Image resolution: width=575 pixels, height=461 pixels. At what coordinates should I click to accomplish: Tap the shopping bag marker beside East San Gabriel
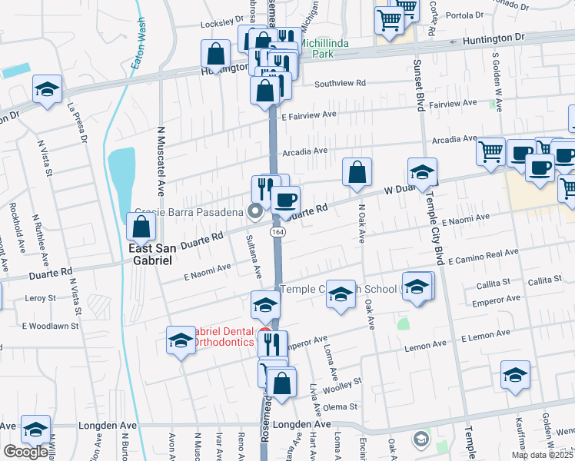(x=141, y=226)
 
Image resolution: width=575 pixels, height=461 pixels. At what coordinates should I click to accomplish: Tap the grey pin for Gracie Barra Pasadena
(x=255, y=212)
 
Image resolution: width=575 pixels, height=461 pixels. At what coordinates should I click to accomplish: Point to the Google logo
(x=25, y=452)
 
